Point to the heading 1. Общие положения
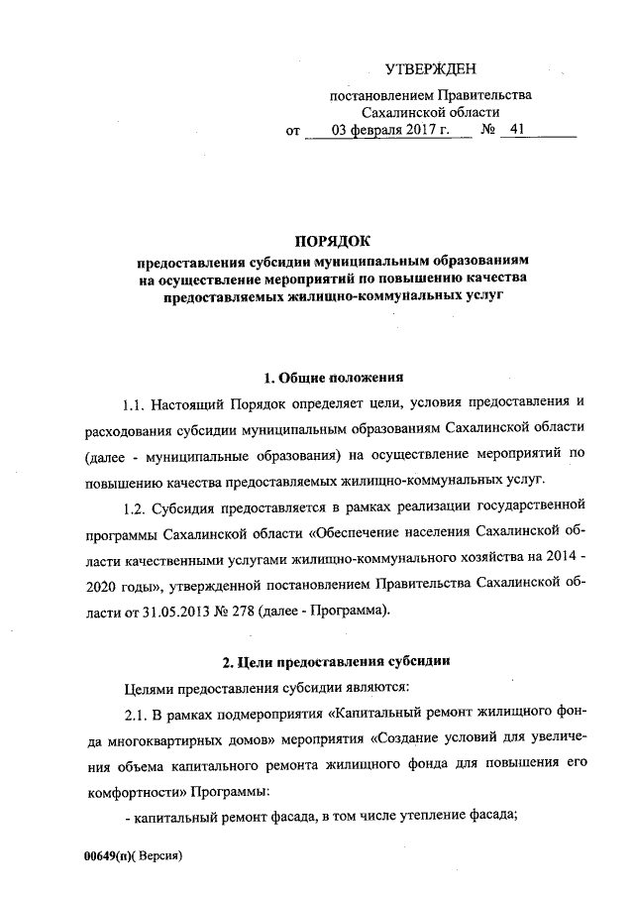(x=333, y=378)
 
